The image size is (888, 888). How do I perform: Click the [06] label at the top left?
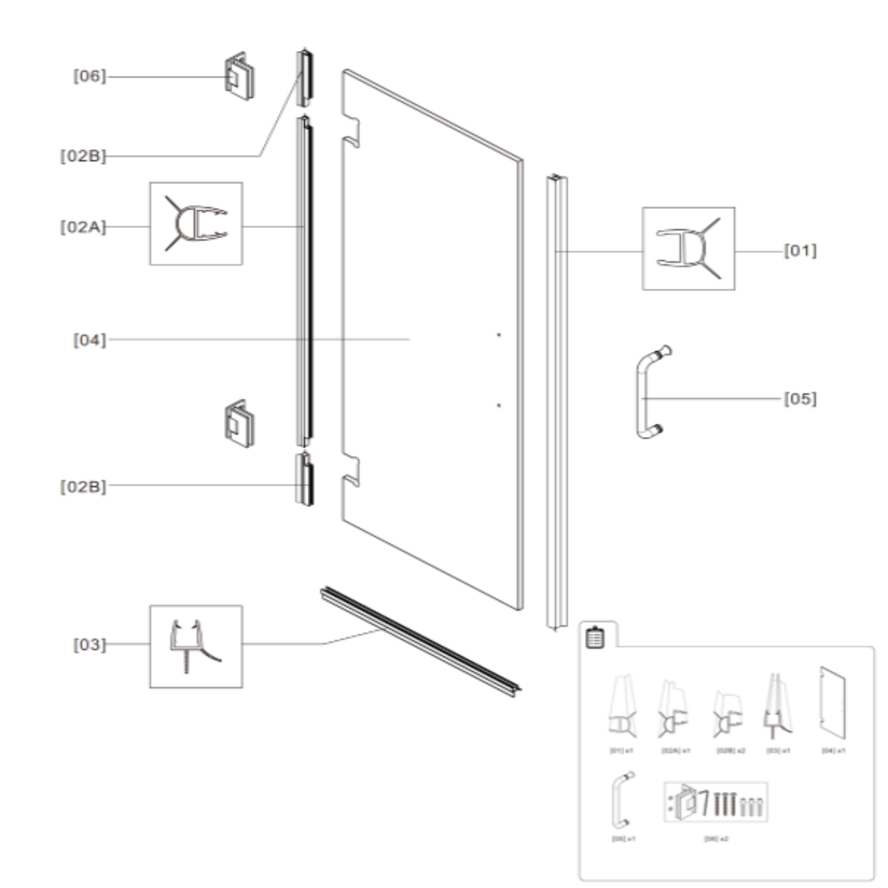(90, 76)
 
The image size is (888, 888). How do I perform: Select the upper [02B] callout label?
(83, 156)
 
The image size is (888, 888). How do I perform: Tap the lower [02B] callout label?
(83, 486)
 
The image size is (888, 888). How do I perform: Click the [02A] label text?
(83, 227)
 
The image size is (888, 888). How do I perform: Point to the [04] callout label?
(90, 340)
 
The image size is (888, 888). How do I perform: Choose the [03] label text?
(90, 645)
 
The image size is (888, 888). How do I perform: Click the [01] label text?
(800, 251)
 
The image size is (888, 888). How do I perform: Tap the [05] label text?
(800, 398)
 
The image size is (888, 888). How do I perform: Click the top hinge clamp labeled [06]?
(239, 77)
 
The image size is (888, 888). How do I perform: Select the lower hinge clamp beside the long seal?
(239, 424)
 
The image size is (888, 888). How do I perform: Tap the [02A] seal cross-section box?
(196, 224)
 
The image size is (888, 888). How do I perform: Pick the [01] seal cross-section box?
(688, 249)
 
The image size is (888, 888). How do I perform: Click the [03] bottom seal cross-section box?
(196, 647)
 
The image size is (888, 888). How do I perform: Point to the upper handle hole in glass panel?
(499, 335)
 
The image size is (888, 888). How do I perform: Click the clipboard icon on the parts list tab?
(595, 638)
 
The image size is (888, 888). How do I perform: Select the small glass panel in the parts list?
(832, 703)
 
